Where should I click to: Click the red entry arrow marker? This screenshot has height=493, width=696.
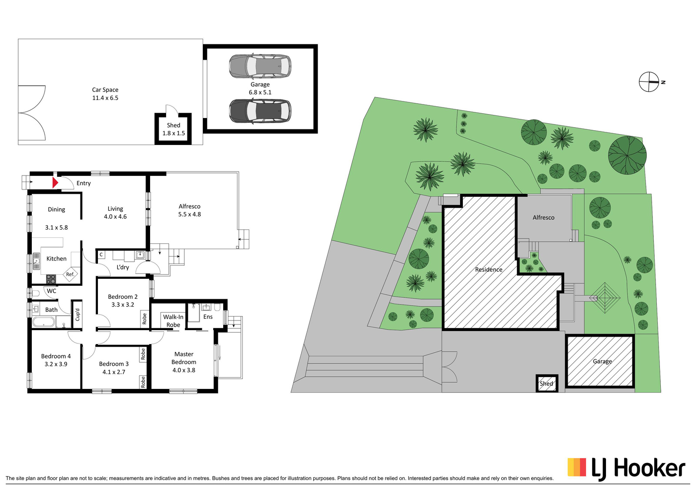click(55, 182)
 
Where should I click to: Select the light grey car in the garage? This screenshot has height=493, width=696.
click(260, 66)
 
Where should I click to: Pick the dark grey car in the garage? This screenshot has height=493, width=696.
click(260, 111)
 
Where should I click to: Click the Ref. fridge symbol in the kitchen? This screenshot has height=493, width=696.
click(70, 274)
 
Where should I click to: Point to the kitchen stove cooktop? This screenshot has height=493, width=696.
click(51, 279)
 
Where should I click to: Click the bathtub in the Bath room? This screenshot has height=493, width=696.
click(43, 322)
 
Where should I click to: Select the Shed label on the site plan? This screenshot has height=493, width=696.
click(546, 384)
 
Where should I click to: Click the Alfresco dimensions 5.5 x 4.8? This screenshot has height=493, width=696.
click(190, 214)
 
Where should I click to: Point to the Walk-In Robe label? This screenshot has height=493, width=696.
click(173, 321)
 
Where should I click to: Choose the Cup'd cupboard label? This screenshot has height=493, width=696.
click(77, 314)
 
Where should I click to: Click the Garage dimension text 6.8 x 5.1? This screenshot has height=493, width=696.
click(260, 92)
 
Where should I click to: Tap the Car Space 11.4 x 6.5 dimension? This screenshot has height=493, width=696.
click(105, 98)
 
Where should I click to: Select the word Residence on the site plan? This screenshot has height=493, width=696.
click(489, 270)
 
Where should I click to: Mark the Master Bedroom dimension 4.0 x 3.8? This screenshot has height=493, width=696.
click(184, 370)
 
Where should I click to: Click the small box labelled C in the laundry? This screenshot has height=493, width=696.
click(101, 255)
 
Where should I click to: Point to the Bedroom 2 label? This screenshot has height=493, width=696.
click(123, 297)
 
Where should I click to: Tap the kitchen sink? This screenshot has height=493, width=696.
click(37, 261)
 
